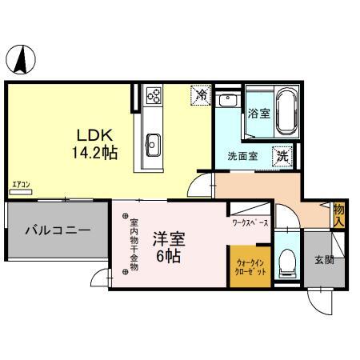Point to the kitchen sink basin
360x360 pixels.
pyautogui.click(x=153, y=146)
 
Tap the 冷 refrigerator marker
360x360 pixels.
pyautogui.click(x=201, y=96)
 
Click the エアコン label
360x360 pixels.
pyautogui.click(x=21, y=186)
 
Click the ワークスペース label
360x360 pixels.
pyautogui.click(x=250, y=222)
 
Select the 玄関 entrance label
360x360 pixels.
pyautogui.click(x=324, y=259)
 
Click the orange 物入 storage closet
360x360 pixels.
pyautogui.click(x=338, y=214)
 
